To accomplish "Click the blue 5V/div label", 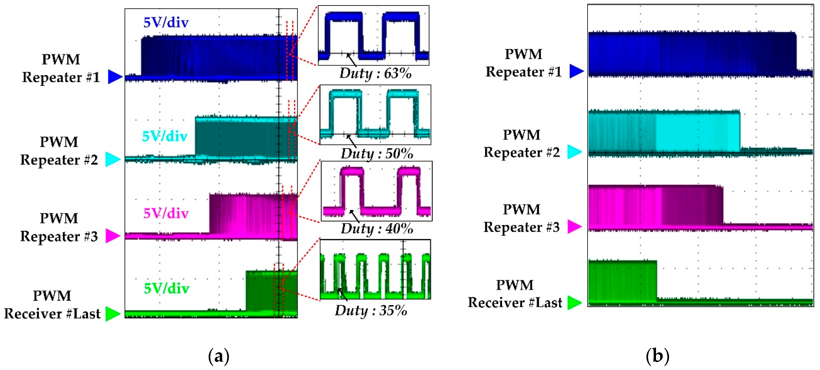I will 166,23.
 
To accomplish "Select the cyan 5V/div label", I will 164,137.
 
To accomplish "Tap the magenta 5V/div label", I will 166,213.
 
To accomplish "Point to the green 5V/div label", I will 167,289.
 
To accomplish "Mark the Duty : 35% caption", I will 371,310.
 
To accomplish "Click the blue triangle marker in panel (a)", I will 115,77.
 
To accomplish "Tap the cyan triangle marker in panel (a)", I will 113,159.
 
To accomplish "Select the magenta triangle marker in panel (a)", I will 113,236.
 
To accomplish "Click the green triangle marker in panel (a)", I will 113,314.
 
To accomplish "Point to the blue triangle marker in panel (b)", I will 576,71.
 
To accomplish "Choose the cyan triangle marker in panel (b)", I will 574,152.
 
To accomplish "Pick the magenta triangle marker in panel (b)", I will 575,227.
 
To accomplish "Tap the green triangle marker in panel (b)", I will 575,303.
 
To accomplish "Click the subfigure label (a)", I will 219,356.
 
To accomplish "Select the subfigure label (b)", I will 657,356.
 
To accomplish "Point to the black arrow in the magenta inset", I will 354,216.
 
